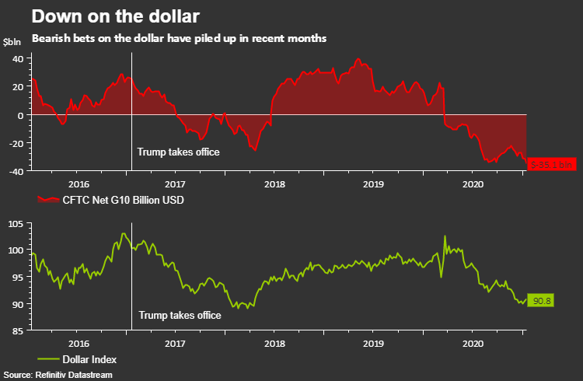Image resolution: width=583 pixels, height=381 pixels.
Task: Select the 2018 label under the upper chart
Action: coord(274,184)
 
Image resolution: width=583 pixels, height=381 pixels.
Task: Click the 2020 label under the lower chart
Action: coord(473,343)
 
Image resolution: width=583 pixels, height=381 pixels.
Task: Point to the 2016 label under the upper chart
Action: coord(79,184)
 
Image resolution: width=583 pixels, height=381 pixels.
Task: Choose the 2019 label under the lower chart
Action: coord(374,343)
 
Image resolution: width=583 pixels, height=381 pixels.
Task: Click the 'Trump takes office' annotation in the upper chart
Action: coord(178,152)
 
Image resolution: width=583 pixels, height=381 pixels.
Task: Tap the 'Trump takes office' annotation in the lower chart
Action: coord(180,315)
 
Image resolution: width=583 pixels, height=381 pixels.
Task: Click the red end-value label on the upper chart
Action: coord(551,164)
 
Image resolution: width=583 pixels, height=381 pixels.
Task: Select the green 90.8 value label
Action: coord(540,299)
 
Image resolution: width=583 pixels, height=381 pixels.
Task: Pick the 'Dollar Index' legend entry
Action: coord(89,359)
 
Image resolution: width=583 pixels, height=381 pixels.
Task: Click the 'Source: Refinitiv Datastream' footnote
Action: coord(58,375)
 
